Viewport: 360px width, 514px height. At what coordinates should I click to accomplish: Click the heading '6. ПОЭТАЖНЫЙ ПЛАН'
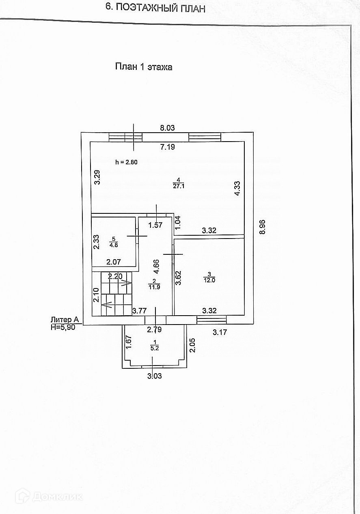155,7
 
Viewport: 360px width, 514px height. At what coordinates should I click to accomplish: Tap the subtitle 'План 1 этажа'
144,67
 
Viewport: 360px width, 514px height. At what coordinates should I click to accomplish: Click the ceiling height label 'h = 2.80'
127,162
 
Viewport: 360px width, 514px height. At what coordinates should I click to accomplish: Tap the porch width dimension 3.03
155,376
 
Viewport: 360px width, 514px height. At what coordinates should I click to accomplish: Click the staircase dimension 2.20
115,276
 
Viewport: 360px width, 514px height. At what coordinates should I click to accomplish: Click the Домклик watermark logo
48,496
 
